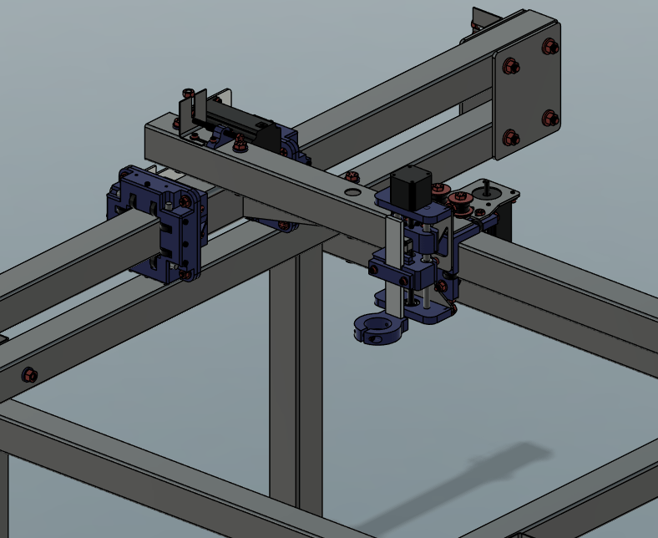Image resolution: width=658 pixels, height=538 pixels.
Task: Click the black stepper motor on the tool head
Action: (x=409, y=187)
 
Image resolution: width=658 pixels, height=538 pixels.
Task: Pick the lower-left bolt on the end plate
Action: (x=511, y=137)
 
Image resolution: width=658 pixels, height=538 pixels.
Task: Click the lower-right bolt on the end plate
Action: (x=549, y=119)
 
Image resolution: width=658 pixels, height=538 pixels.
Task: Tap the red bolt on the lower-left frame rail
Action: (x=29, y=373)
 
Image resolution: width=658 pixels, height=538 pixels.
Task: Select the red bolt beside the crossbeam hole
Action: (x=352, y=176)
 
